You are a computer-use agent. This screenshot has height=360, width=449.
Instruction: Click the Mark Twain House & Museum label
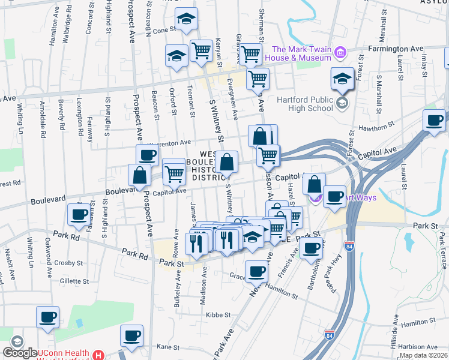[x=301, y=53]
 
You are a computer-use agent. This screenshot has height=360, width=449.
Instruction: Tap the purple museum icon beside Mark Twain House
[x=340, y=53]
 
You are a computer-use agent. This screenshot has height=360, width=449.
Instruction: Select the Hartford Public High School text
[x=304, y=103]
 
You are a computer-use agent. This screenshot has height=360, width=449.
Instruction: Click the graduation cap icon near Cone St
[x=186, y=20]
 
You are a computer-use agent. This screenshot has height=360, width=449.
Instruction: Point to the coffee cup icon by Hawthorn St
[x=434, y=119]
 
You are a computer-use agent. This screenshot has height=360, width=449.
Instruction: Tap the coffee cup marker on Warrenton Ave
[x=147, y=155]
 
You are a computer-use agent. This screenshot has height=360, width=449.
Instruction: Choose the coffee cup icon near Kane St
[x=131, y=335]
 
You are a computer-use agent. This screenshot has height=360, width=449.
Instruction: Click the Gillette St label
[x=74, y=281]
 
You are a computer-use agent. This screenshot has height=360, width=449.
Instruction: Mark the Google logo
[x=20, y=353]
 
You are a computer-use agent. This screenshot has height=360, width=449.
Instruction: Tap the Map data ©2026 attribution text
[x=424, y=355]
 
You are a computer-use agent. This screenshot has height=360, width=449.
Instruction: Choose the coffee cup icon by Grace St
[x=256, y=271]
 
